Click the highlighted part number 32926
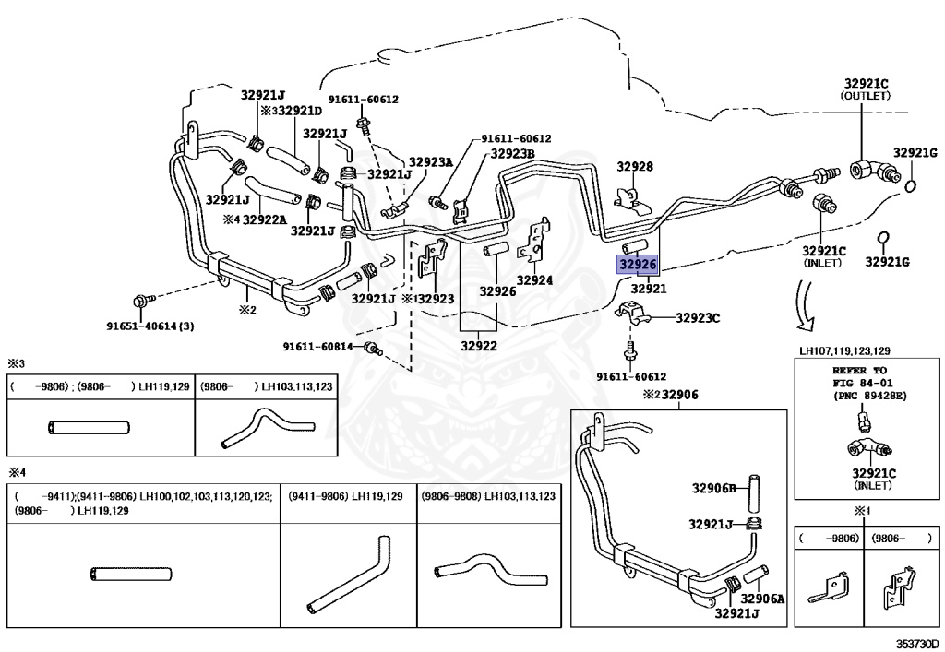(638, 264)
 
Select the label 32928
(635, 166)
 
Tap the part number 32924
(534, 280)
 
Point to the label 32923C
(698, 318)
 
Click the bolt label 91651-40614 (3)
(150, 326)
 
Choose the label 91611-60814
(317, 346)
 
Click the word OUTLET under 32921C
(866, 96)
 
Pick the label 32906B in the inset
(714, 488)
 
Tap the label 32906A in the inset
(762, 599)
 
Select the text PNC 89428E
(871, 396)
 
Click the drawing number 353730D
(916, 644)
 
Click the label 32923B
(512, 153)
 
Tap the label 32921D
(301, 111)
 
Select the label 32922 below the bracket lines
(479, 346)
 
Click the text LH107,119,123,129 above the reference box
(844, 350)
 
